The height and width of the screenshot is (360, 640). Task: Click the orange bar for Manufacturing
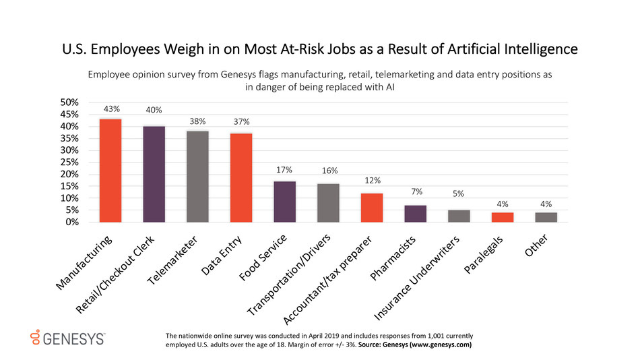[110, 171]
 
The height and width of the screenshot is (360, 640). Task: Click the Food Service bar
[285, 202]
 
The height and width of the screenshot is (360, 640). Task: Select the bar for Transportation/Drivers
[329, 203]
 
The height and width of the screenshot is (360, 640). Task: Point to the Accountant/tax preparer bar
[372, 208]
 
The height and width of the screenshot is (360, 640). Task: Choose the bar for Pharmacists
[416, 214]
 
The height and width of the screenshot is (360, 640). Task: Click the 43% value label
[112, 108]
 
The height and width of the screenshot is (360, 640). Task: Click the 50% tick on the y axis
[71, 102]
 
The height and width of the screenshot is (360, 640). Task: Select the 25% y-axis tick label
[71, 162]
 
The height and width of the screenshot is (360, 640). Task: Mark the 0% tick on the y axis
[74, 222]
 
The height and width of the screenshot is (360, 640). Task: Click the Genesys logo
[65, 338]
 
